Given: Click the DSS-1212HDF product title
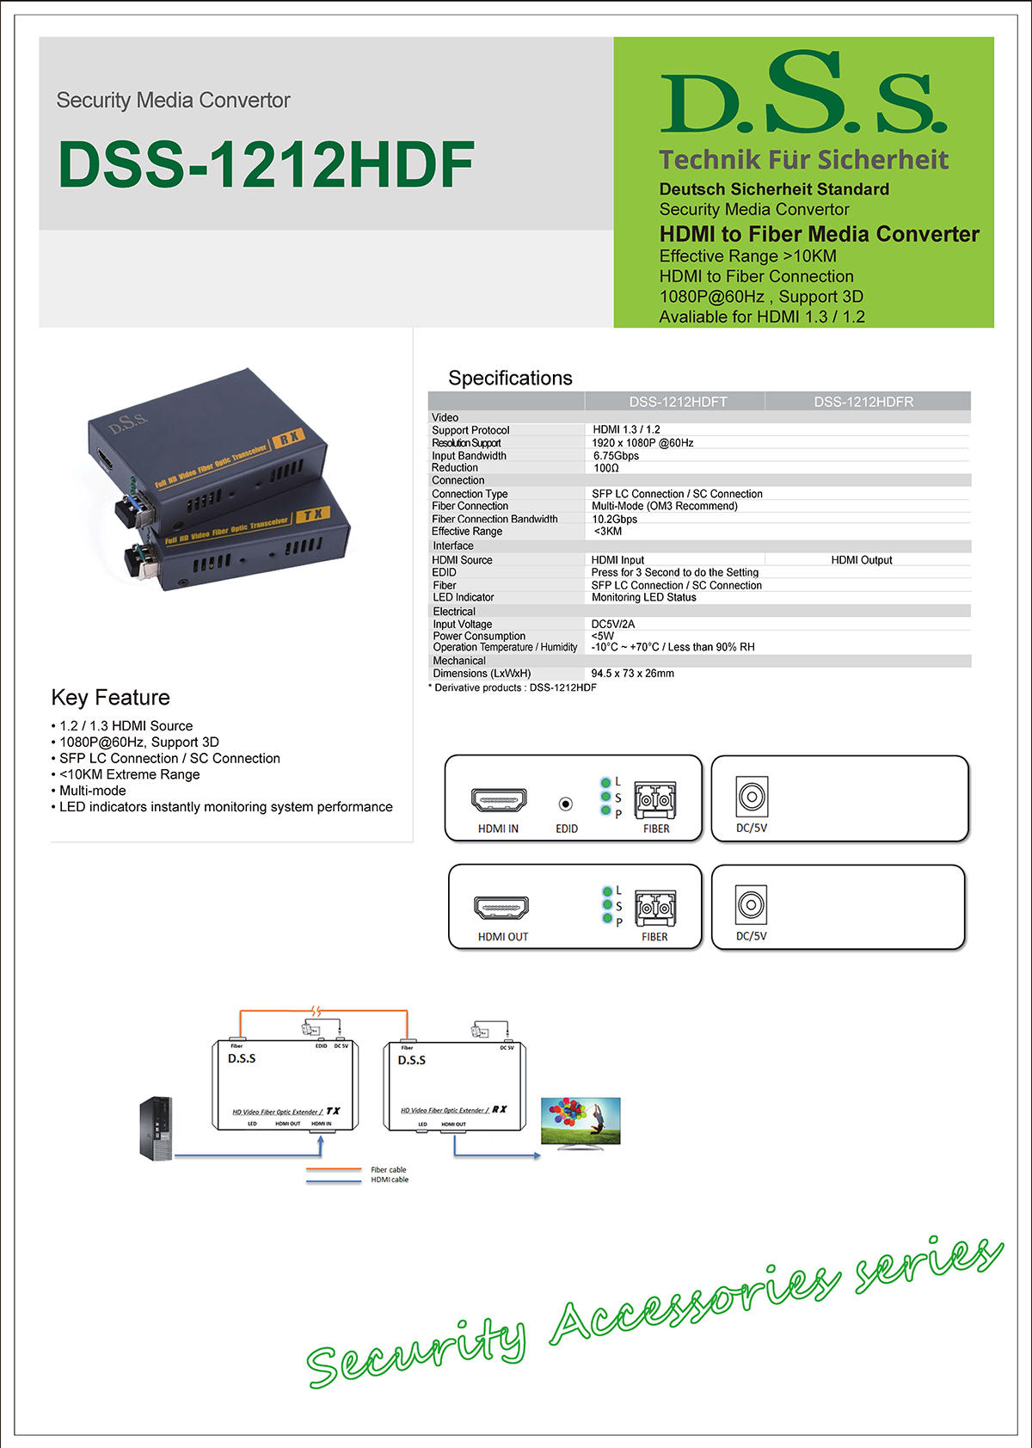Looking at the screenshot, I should pyautogui.click(x=266, y=164).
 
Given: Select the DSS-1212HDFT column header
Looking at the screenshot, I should pyautogui.click(x=678, y=402).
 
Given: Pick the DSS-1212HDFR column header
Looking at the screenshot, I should pyautogui.click(x=863, y=402).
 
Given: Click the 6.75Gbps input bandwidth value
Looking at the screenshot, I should pyautogui.click(x=616, y=456).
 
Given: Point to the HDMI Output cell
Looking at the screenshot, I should pyautogui.click(x=861, y=560).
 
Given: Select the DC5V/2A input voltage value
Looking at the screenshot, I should pyautogui.click(x=613, y=624).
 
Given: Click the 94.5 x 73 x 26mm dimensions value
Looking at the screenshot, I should pyautogui.click(x=632, y=674).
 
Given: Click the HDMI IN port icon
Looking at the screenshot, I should pyautogui.click(x=499, y=800).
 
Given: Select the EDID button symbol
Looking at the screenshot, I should pyautogui.click(x=566, y=804).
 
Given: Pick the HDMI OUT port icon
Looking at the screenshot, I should pyautogui.click(x=501, y=907).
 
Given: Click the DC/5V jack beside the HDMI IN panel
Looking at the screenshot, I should pyautogui.click(x=752, y=797).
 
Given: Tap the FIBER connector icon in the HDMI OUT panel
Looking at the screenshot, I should pyautogui.click(x=655, y=908).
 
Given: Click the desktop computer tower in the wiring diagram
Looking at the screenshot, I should pyautogui.click(x=156, y=1127).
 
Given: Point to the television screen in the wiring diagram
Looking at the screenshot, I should pyautogui.click(x=580, y=1121).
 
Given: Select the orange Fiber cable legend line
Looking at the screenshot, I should pyautogui.click(x=334, y=1169).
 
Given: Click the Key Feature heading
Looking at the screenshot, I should pyautogui.click(x=111, y=698).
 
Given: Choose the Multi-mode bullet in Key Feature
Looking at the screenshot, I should pyautogui.click(x=92, y=791).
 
